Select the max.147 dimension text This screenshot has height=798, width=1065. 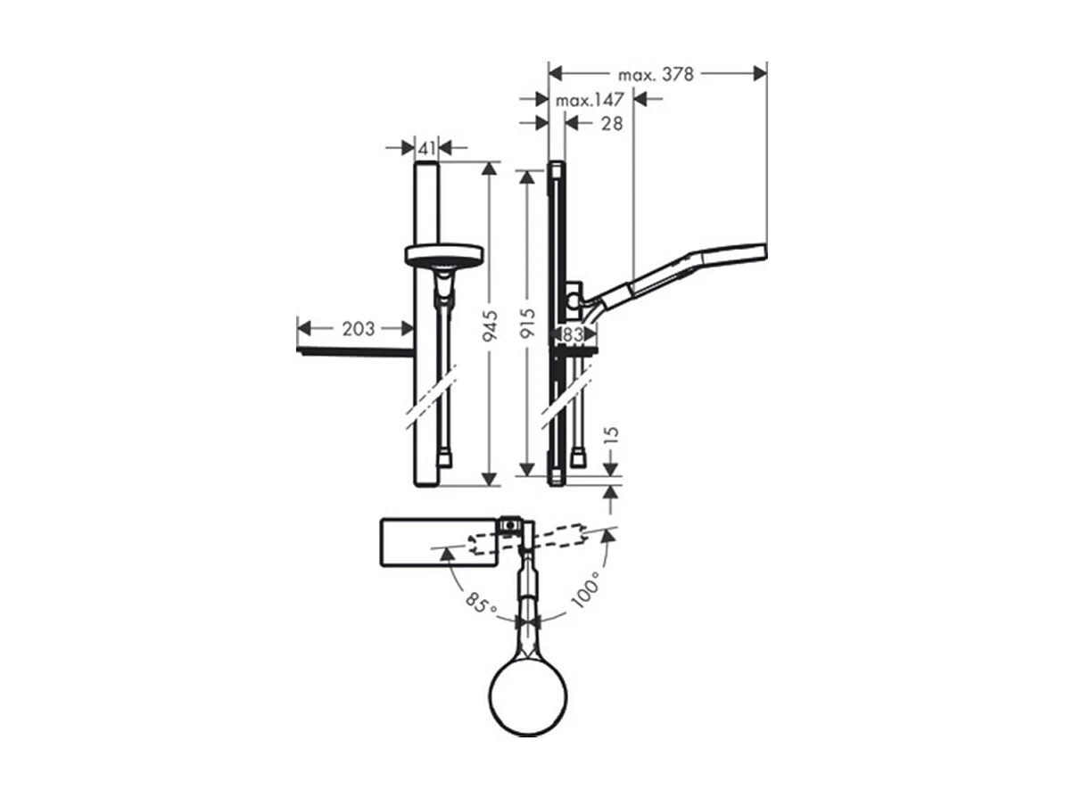click(x=590, y=100)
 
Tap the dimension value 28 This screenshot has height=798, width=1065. click(x=611, y=123)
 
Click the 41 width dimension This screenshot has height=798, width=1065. click(x=426, y=147)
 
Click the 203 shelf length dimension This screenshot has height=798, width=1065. click(x=359, y=328)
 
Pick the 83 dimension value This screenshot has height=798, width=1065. click(x=574, y=333)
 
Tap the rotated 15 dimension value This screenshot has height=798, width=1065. click(x=610, y=436)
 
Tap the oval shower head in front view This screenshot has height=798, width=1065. click(x=443, y=256)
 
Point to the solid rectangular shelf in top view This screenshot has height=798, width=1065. click(x=437, y=541)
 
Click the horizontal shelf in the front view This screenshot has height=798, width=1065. click(x=355, y=352)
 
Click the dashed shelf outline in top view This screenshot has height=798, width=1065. click(x=544, y=540)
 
